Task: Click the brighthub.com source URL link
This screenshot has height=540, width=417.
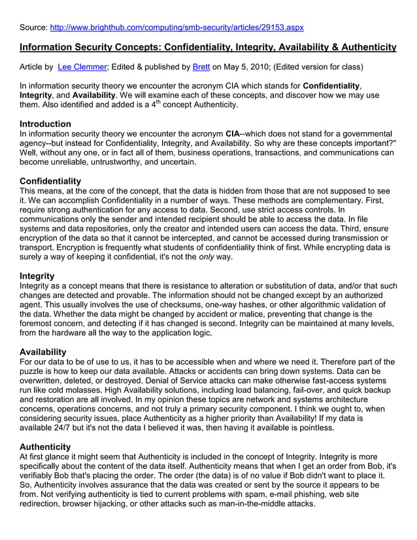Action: (176, 27)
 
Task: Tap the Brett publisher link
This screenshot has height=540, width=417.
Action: (201, 67)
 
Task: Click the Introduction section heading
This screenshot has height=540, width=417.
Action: (45, 124)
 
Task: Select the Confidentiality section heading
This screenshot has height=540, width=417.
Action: (50, 180)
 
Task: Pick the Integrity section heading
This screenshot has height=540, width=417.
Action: (37, 276)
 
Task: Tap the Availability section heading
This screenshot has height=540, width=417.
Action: (42, 352)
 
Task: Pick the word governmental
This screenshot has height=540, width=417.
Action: (369, 133)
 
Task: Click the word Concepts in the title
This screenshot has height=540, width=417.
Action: (137, 47)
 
